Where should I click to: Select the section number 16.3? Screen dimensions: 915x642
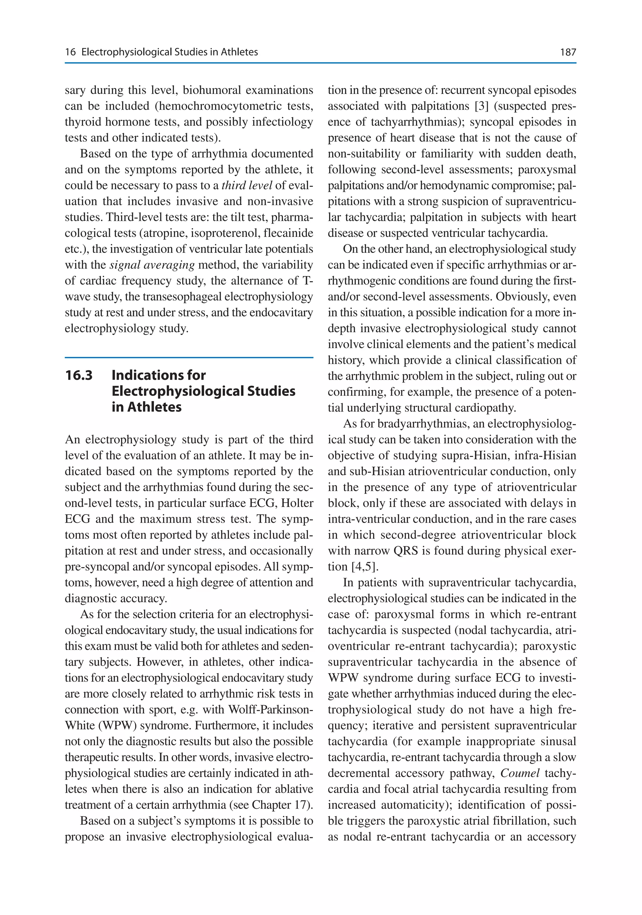[x=79, y=375]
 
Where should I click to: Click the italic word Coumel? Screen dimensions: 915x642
[x=519, y=774]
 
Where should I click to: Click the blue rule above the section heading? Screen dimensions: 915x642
[x=189, y=358]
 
